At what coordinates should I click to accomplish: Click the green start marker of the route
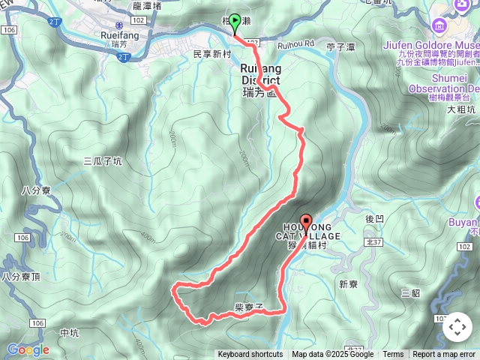(x=235, y=22)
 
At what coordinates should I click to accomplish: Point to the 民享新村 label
(x=212, y=55)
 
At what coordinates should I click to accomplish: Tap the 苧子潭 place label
(x=341, y=46)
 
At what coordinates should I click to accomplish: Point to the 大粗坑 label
(x=461, y=109)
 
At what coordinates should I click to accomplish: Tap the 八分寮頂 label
(x=19, y=277)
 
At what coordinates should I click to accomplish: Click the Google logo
(x=28, y=349)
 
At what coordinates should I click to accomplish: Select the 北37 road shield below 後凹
(x=373, y=242)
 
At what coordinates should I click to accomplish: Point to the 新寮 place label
(x=349, y=284)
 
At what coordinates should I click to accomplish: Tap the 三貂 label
(x=411, y=293)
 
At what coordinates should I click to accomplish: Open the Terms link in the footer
(x=393, y=355)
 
